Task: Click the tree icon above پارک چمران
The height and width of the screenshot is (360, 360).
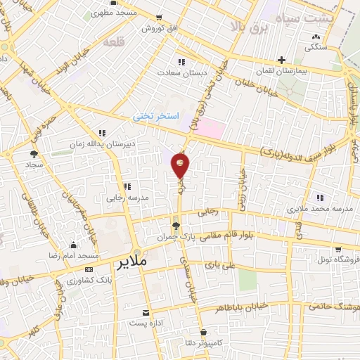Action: click(x=176, y=226)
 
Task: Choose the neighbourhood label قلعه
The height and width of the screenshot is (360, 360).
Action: click(x=113, y=43)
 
